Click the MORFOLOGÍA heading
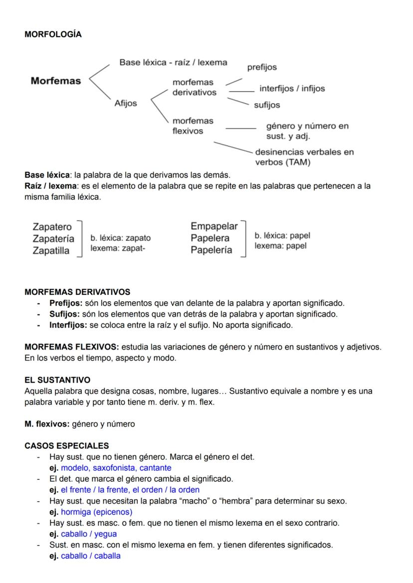click(53, 34)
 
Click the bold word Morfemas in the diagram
click(55, 81)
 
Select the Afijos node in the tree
click(125, 103)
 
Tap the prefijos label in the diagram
click(262, 67)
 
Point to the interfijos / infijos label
click(292, 88)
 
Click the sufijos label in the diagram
click(267, 105)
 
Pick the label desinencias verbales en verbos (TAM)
click(304, 157)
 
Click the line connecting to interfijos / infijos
click(241, 91)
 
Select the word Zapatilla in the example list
click(51, 251)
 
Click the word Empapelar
click(214, 226)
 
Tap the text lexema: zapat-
click(118, 248)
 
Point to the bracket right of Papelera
click(243, 238)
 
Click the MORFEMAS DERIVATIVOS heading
click(77, 292)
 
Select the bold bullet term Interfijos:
click(68, 325)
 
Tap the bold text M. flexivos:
click(47, 424)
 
